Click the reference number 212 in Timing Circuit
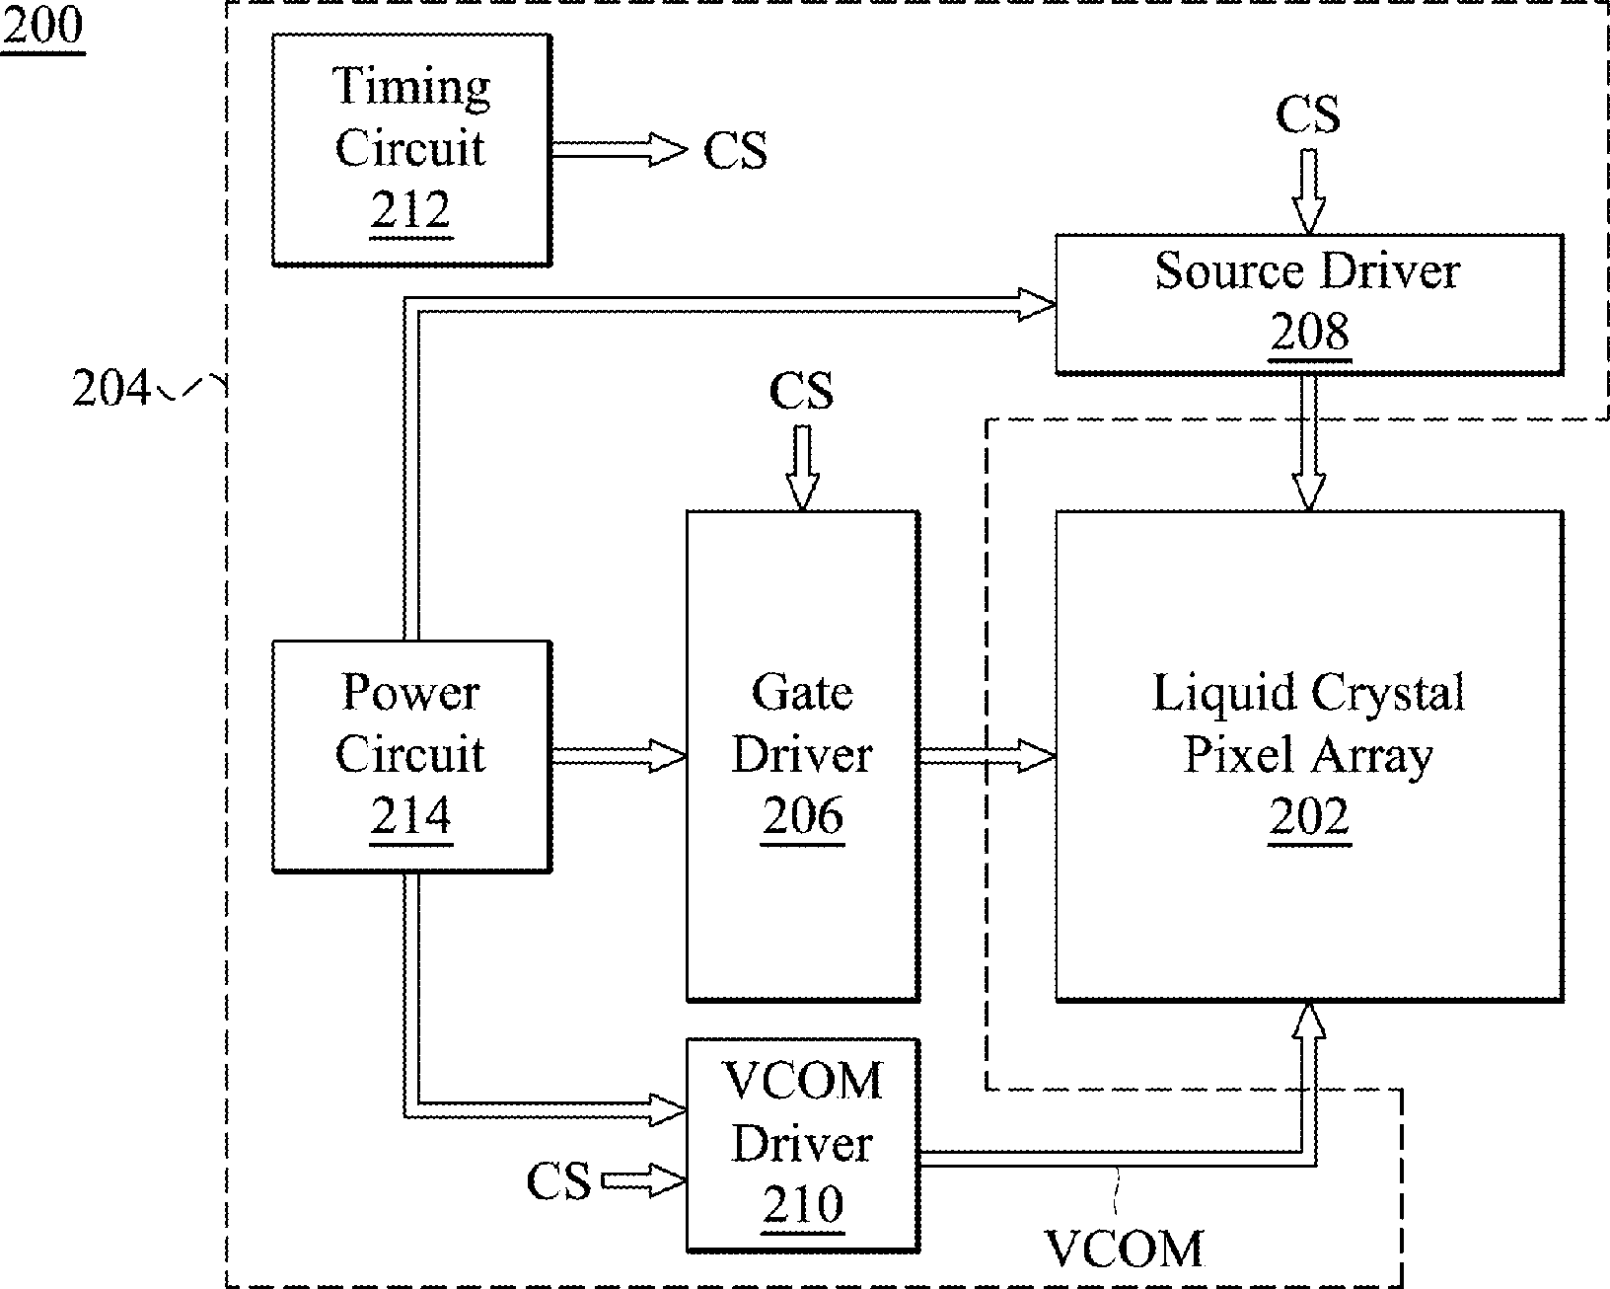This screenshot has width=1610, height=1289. click(x=410, y=209)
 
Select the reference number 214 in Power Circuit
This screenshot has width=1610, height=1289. click(x=410, y=815)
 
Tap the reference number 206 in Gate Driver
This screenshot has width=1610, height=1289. click(x=803, y=815)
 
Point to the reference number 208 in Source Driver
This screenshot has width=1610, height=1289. click(x=1309, y=331)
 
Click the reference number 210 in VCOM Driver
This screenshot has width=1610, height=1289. click(x=803, y=1204)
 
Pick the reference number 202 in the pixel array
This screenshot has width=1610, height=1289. click(x=1309, y=815)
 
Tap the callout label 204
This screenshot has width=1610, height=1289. click(x=111, y=388)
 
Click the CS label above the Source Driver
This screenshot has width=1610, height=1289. click(x=1308, y=114)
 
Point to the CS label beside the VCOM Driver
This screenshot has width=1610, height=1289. click(x=558, y=1180)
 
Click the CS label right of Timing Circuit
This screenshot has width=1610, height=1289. click(x=735, y=150)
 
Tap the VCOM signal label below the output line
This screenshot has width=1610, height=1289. click(x=1124, y=1249)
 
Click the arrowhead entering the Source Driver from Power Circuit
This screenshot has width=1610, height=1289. click(x=1037, y=305)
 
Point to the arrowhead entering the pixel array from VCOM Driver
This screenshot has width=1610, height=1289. click(x=1308, y=1020)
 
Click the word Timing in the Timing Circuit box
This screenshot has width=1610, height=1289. click(x=410, y=87)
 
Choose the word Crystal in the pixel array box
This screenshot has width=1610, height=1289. click(x=1387, y=693)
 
